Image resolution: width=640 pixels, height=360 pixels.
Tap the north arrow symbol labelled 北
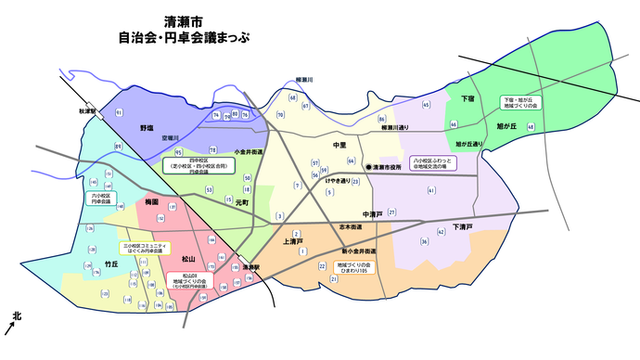[x=12, y=322]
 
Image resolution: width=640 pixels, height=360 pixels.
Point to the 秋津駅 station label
[x=88, y=110]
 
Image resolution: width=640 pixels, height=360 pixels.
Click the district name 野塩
[x=147, y=127]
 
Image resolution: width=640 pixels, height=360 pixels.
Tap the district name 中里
[x=339, y=146]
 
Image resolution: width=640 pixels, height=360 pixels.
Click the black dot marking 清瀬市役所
[x=368, y=167]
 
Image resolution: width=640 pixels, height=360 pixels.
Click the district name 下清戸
[x=463, y=226]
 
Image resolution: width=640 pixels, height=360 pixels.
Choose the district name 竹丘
[x=111, y=264]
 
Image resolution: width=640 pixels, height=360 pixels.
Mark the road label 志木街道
[x=350, y=225]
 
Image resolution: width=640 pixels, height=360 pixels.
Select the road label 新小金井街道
[x=357, y=251]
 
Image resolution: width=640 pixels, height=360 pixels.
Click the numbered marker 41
[x=431, y=191]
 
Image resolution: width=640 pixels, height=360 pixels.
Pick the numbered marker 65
[x=426, y=105]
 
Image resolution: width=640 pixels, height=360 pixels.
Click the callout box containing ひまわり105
[x=353, y=268]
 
